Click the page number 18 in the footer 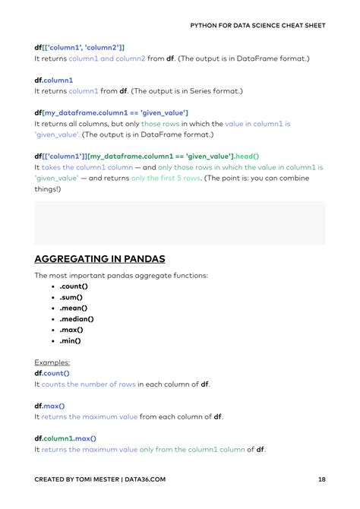click(321, 480)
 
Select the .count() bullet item click(74, 286)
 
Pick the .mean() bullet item click(74, 308)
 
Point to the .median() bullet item click(77, 319)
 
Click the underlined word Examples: click(52, 362)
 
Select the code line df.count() click(52, 373)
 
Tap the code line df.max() click(50, 406)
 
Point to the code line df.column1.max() click(65, 438)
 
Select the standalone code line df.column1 click(54, 79)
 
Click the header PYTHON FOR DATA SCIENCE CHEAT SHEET click(257, 25)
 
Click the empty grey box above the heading click(179, 223)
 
